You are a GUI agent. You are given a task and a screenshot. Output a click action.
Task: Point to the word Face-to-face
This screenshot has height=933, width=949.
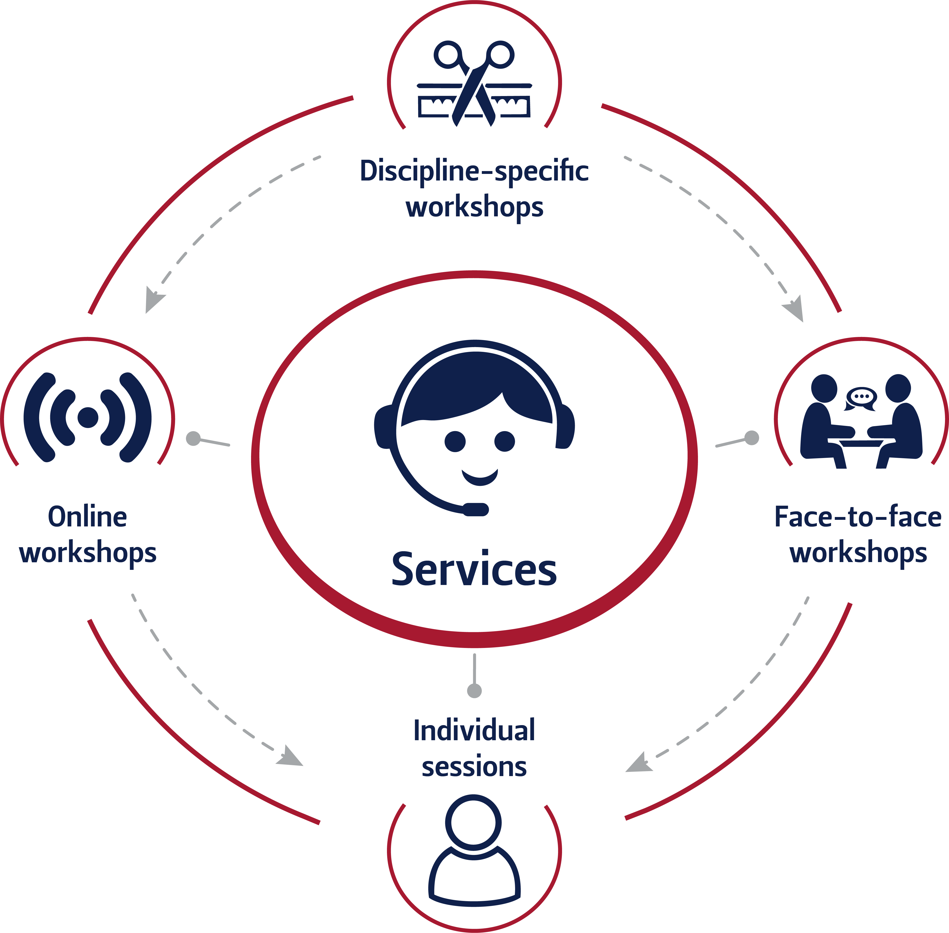[x=858, y=517]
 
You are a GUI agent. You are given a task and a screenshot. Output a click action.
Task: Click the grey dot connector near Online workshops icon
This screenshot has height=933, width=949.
[x=193, y=438]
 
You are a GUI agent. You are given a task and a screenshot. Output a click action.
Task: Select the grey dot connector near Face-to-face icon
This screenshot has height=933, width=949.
[x=752, y=437]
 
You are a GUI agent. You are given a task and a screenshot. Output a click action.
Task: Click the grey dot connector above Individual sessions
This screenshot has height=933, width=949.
[x=474, y=691]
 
